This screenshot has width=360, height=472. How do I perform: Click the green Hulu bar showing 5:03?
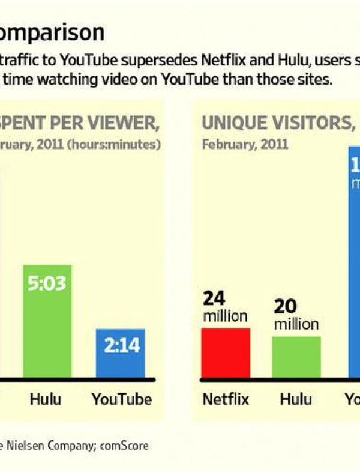point(47,321)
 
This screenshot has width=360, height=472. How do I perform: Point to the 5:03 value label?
point(47,283)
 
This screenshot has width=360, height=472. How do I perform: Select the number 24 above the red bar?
point(214,299)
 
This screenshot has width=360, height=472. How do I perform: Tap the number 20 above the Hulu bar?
point(286,307)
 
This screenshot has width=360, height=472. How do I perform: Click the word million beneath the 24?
point(225,316)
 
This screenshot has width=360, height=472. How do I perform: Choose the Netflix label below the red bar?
point(225,399)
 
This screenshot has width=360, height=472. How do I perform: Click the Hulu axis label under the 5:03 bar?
point(46,399)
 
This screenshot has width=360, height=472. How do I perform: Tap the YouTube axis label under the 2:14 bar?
point(121,399)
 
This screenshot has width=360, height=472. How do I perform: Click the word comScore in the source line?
point(125,446)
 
